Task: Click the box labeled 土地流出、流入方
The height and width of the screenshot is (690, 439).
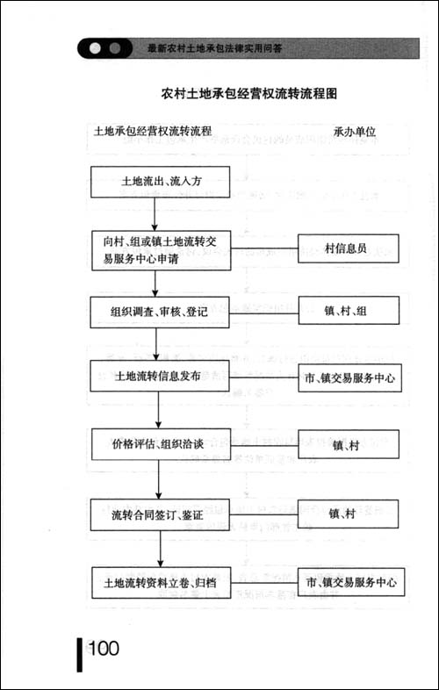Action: point(159,184)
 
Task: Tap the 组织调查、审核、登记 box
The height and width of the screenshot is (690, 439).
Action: point(159,311)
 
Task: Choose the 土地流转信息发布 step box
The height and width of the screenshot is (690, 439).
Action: point(159,376)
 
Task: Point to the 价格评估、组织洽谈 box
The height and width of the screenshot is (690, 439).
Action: point(159,443)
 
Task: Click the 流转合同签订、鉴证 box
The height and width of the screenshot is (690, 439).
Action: point(159,514)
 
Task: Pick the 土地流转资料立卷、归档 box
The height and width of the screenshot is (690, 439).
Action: point(159,582)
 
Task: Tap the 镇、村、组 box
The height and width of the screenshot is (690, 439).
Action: point(349,311)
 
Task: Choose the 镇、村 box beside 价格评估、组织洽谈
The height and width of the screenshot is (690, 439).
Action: point(349,445)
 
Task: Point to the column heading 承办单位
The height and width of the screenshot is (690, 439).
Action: point(355,132)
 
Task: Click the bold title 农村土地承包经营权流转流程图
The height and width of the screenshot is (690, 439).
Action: point(250,92)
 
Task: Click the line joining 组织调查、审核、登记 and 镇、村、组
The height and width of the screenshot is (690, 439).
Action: point(263,311)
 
